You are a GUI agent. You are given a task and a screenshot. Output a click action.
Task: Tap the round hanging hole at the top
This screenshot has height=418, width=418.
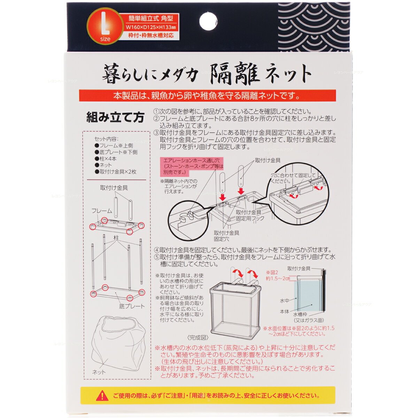click(x=208, y=21)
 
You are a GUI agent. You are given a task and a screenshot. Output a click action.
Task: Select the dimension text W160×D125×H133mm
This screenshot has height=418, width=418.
click(x=151, y=27)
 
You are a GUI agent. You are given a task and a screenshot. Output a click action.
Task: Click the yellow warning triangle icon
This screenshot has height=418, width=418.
click(x=102, y=396)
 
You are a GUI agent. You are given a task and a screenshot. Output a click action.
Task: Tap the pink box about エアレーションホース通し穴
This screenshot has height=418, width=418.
click(x=192, y=167)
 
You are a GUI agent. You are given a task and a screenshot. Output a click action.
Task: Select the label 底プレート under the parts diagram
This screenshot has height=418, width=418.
click(x=132, y=306)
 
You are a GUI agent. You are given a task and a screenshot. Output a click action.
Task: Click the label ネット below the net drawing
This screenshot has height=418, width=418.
click(x=99, y=372)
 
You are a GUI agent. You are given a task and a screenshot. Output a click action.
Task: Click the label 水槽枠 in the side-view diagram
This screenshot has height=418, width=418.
click(x=300, y=314)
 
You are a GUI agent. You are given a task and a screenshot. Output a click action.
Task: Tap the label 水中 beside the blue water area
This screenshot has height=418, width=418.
click(x=285, y=301)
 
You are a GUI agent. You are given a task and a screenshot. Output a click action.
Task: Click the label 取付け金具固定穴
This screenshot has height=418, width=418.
click(x=226, y=236)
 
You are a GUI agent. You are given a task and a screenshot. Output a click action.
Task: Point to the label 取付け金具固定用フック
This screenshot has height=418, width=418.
click(x=250, y=215)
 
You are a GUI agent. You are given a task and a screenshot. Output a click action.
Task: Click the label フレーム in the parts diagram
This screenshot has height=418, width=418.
click(x=101, y=211)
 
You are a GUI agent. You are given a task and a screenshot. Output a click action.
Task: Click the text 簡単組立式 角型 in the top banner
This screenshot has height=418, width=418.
click(x=151, y=18)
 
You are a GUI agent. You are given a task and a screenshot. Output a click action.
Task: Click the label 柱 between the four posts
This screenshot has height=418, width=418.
click(x=116, y=238)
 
